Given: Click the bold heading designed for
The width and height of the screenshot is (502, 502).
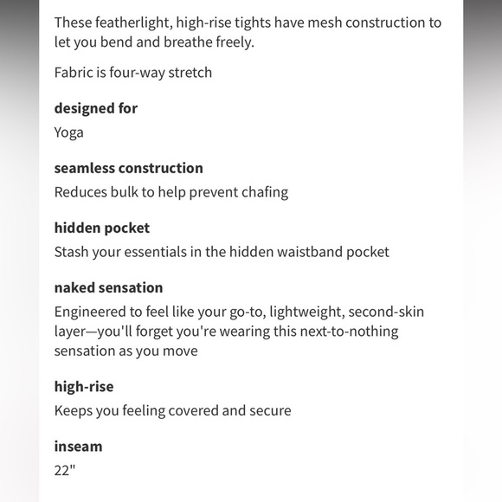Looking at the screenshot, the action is [x=96, y=108].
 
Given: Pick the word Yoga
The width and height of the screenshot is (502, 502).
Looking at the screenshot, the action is [x=69, y=132].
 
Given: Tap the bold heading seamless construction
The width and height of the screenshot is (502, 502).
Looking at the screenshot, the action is [x=128, y=168].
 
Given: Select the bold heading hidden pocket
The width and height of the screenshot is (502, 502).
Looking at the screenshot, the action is [x=102, y=228].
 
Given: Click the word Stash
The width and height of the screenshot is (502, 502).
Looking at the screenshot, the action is [x=72, y=252].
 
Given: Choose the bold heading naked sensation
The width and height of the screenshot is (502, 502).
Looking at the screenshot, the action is [x=108, y=287].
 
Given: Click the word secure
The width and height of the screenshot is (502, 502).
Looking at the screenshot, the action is [x=268, y=411].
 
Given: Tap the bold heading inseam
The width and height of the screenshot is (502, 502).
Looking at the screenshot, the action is [x=78, y=447].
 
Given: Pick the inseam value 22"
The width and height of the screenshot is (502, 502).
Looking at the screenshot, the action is [x=66, y=471].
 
